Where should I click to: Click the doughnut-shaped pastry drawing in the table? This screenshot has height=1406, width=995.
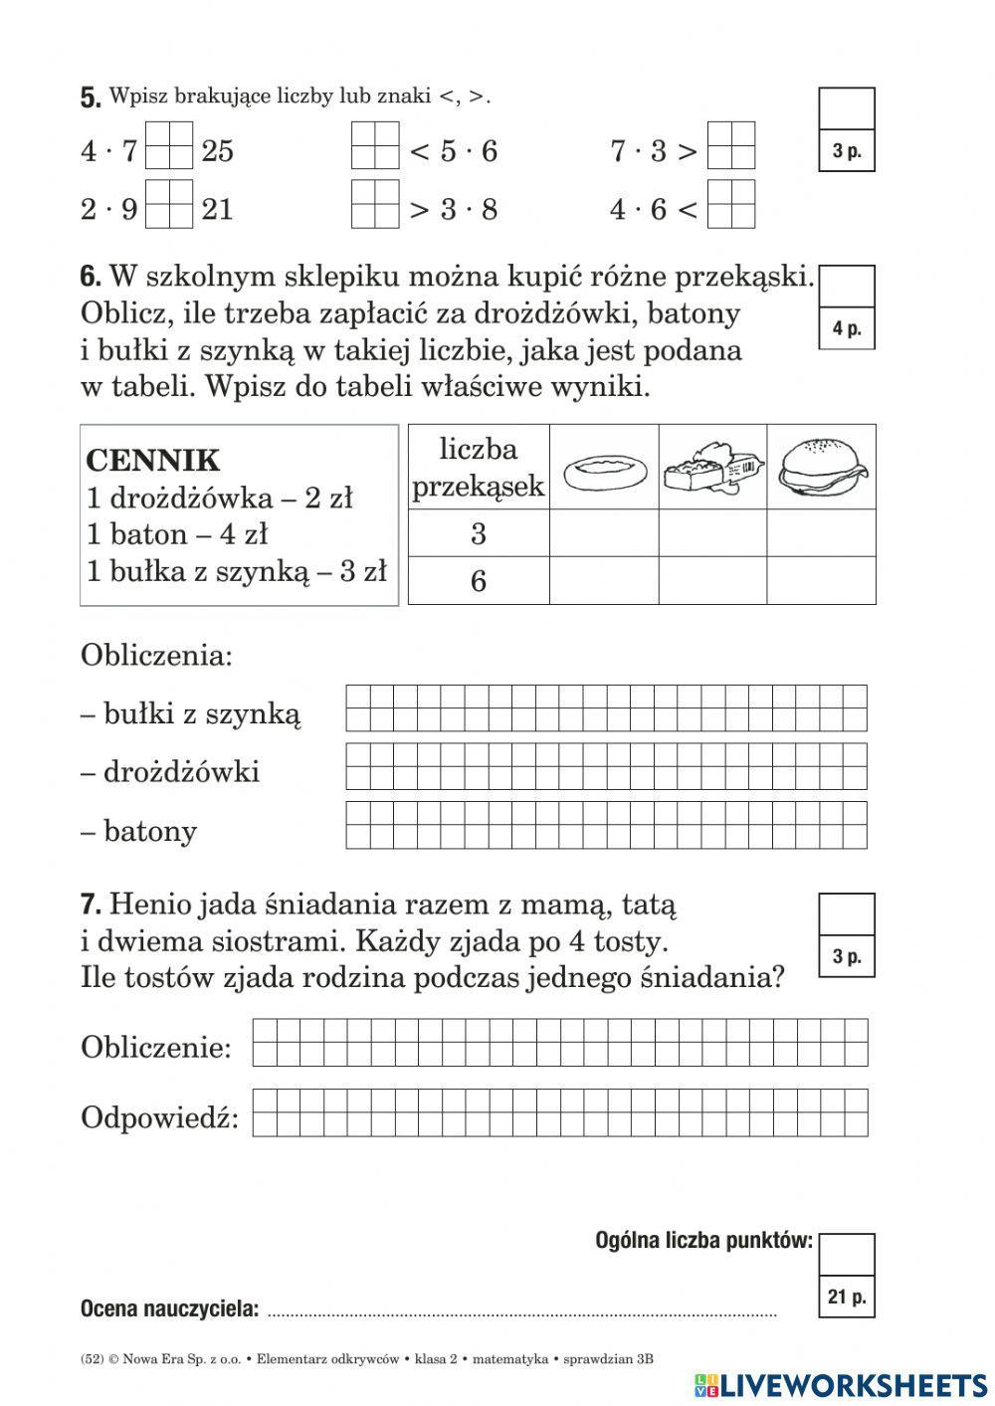point(604,468)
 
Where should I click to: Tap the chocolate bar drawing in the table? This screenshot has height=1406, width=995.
point(712,466)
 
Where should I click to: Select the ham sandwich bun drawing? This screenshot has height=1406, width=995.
point(821,466)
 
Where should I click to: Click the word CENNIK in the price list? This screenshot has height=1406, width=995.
point(153,461)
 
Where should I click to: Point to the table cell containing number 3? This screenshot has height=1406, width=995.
point(479,534)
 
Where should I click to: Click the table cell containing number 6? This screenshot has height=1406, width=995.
point(479,581)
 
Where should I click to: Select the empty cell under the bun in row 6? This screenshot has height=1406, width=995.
point(821,581)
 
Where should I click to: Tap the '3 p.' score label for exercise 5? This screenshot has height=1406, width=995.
point(847,152)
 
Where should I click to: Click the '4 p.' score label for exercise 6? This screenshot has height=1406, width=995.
point(847,328)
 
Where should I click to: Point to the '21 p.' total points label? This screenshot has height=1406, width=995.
point(847,1297)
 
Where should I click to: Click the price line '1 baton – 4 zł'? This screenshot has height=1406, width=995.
point(177,534)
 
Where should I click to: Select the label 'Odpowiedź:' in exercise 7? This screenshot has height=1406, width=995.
point(160,1117)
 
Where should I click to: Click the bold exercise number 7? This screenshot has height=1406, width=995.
point(91,904)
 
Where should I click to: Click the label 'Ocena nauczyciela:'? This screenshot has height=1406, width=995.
point(169,1308)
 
